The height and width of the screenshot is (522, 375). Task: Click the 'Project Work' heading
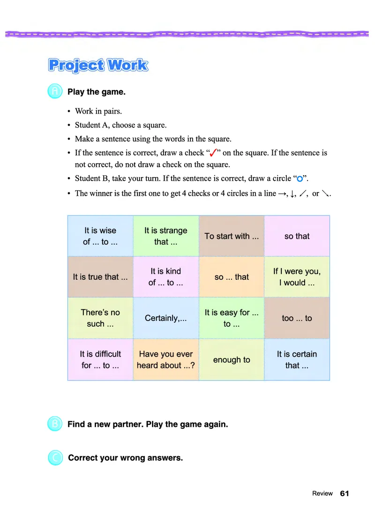point(98,65)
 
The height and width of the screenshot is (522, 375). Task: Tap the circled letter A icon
point(55,91)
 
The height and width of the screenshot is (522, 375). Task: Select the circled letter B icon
point(55,424)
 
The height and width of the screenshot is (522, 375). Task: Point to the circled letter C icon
point(55,458)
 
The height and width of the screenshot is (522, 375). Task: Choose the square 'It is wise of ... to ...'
point(100,236)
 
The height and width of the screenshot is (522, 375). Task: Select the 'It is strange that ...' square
point(166,236)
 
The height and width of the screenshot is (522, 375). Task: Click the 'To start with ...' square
point(232,236)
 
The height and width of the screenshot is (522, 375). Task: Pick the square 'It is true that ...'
point(100,276)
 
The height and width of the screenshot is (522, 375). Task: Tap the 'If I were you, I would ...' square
point(297,276)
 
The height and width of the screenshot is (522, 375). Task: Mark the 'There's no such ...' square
point(100,318)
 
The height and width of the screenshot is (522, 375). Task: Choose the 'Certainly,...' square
point(166,318)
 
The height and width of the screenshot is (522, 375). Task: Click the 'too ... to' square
point(297,318)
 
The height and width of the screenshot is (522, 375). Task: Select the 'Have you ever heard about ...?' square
point(166,359)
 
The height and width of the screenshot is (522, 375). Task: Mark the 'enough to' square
point(232,359)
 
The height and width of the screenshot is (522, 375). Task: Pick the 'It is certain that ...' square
point(297,359)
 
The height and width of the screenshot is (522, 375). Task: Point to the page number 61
point(345,493)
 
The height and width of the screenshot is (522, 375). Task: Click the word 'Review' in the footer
point(322,493)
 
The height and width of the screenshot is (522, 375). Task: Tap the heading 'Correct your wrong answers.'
point(125,458)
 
